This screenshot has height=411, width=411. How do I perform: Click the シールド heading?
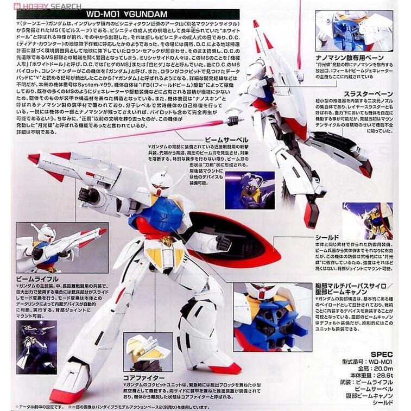(327, 238)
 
